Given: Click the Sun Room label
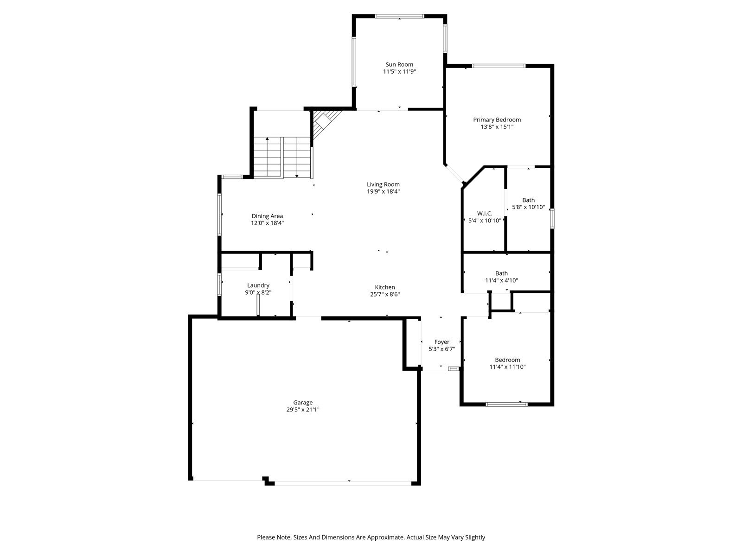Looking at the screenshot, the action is [x=399, y=64].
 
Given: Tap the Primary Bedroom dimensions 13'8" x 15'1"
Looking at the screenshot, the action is [x=497, y=127].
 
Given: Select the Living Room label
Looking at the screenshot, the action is [x=384, y=184].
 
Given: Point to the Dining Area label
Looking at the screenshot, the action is [x=267, y=216].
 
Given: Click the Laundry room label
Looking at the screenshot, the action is [x=258, y=285].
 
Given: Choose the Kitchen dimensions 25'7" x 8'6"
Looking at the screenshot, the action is [x=385, y=294].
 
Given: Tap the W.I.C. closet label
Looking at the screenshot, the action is [x=485, y=214].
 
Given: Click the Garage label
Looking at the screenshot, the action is [x=303, y=402].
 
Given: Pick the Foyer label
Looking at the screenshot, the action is [x=442, y=342].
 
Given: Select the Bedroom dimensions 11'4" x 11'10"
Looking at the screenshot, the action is [x=507, y=367].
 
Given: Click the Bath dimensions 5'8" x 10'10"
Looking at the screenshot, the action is [x=529, y=207].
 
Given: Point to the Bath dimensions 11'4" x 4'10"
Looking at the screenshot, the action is [x=502, y=280].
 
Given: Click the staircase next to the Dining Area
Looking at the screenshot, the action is [x=282, y=157].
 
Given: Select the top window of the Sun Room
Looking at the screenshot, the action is [x=399, y=16].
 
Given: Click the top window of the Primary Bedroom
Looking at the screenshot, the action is [x=499, y=66].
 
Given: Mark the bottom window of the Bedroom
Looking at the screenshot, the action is [x=506, y=404].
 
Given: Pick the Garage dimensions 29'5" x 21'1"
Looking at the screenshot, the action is [x=303, y=410].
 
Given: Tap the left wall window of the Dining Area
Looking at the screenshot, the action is [x=219, y=215].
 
